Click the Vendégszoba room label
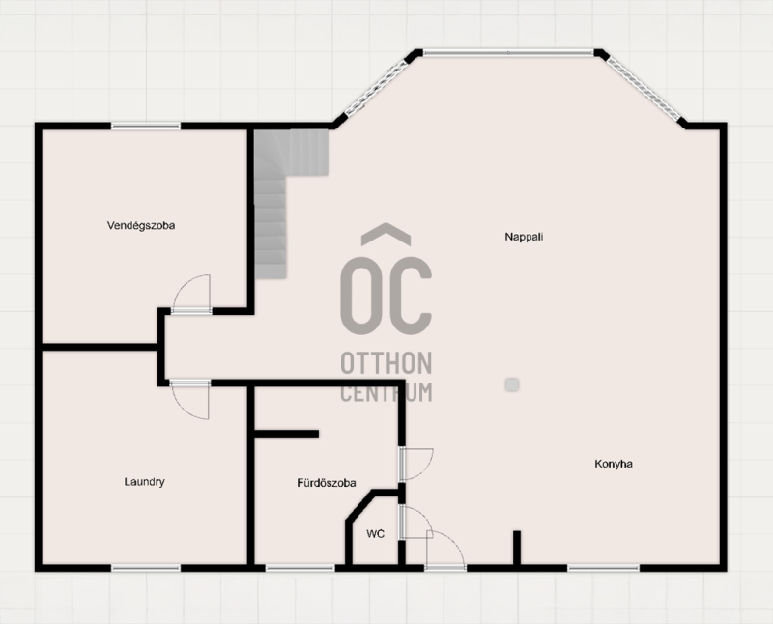coord(141,226)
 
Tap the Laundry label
coord(144,482)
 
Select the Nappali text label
coord(524,237)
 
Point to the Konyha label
coord(614,464)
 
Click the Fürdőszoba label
coord(327,483)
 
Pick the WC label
coord(375,534)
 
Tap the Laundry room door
coord(190,399)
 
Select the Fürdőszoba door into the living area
coord(416,464)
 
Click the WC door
coord(416,523)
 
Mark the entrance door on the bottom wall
coord(445,550)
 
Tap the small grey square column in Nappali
coord(512,384)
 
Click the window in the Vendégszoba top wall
coord(146,127)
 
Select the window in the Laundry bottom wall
coord(146,568)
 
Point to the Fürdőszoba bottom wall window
coord(301,568)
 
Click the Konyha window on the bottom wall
coord(603,568)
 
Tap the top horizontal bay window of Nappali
coord(509,52)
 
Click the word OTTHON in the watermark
coord(386,363)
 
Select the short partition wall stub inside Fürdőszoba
coord(286,434)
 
